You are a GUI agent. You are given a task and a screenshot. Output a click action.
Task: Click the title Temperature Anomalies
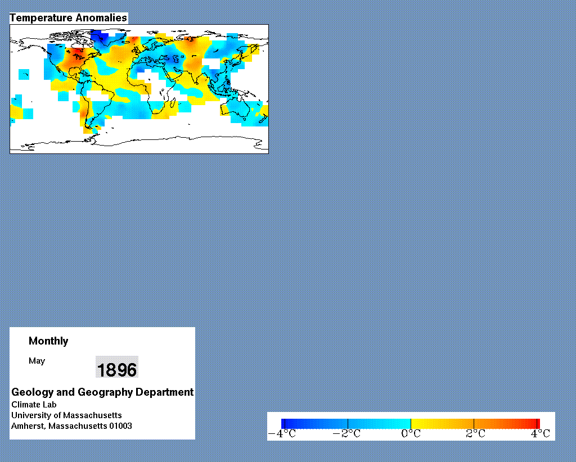pos(68,17)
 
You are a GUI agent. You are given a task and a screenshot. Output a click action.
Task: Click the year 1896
pos(117,369)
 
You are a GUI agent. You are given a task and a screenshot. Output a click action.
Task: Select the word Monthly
pos(48,341)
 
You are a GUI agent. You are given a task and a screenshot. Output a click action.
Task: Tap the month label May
pos(37,361)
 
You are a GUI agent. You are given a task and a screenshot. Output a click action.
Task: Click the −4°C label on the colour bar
pos(282,434)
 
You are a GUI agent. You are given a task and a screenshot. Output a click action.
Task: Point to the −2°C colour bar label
pos(346,434)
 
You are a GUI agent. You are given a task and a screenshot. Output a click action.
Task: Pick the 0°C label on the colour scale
pos(411,434)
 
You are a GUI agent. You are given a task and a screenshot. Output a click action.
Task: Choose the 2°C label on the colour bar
pos(475,434)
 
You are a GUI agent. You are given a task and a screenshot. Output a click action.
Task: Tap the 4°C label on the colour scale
pos(541,434)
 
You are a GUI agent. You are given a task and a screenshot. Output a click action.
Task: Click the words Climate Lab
pos(34,405)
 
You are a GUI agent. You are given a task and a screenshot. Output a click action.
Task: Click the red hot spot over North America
pos(76,53)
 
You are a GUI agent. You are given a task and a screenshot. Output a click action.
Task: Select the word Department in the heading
pos(165,392)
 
